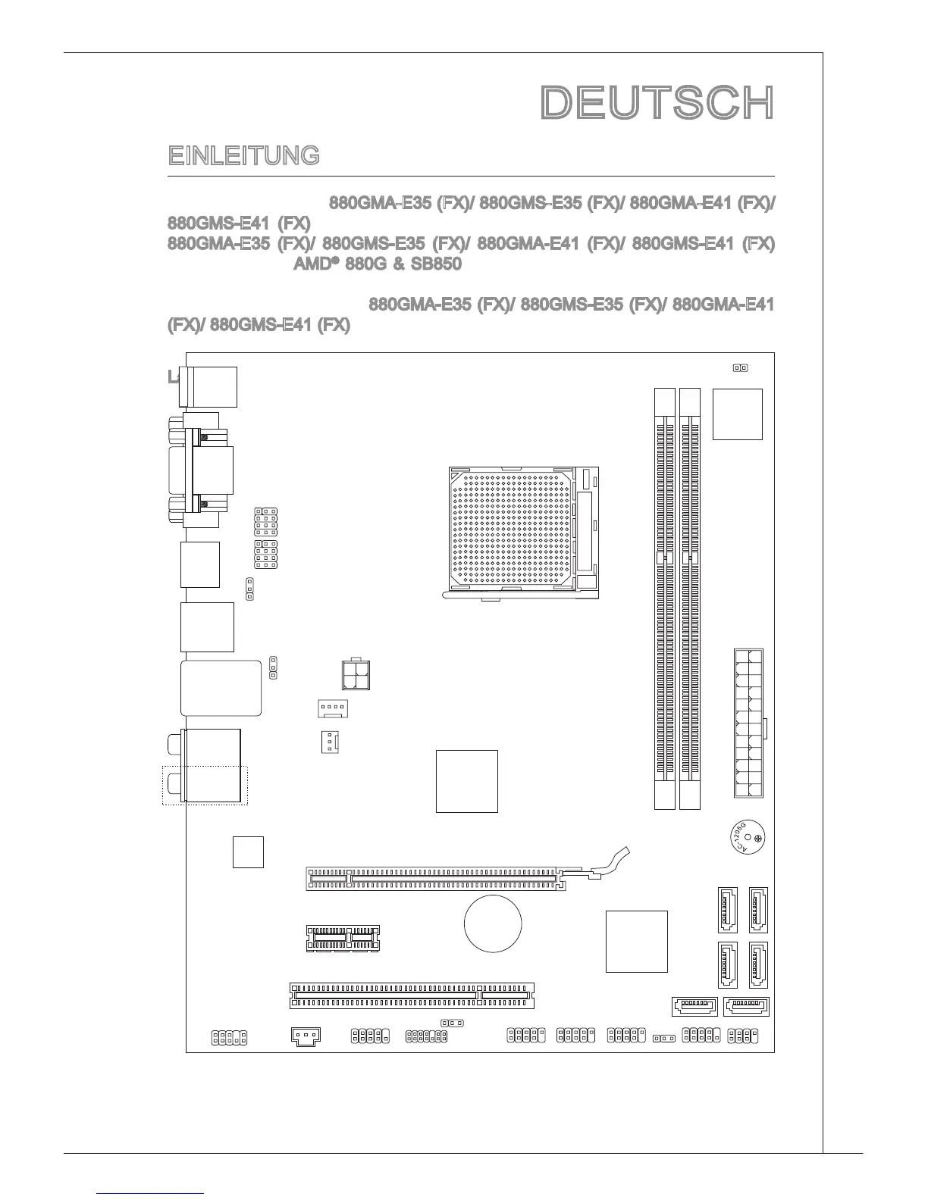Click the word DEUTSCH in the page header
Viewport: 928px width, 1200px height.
[657, 103]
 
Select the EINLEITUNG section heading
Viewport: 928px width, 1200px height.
[243, 156]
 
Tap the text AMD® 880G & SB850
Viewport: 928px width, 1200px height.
[378, 264]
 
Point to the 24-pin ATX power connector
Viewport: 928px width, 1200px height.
[748, 723]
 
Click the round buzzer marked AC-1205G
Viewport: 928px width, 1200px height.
[747, 839]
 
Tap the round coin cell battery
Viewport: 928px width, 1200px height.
[493, 924]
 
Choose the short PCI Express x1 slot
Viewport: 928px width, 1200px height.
[343, 937]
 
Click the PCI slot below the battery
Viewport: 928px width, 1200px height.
[412, 995]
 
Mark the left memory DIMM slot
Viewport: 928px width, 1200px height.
[664, 598]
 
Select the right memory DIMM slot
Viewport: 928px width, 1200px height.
[690, 598]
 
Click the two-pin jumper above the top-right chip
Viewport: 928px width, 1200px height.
[740, 368]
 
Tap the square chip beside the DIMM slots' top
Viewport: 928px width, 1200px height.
[738, 414]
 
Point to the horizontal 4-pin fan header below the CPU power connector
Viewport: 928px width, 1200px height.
[332, 709]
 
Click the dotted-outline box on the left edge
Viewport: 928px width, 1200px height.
[205, 785]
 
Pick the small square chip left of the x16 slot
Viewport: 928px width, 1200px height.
[248, 852]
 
